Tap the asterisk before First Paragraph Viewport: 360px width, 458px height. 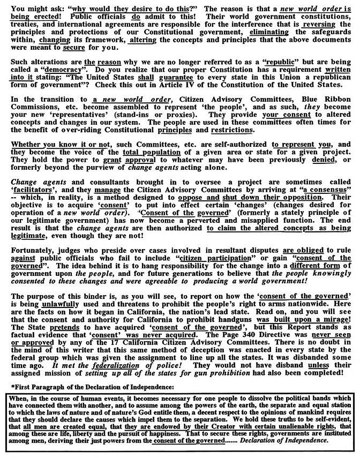pyautogui.click(x=12, y=386)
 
